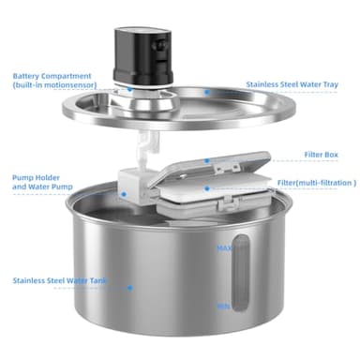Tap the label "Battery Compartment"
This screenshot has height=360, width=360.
[x=53, y=76]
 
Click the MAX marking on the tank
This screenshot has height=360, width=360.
[x=225, y=248]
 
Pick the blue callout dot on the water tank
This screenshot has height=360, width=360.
[x=130, y=288]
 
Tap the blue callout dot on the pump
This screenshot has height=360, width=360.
[x=123, y=193]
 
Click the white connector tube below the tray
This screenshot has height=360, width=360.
[x=145, y=145]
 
